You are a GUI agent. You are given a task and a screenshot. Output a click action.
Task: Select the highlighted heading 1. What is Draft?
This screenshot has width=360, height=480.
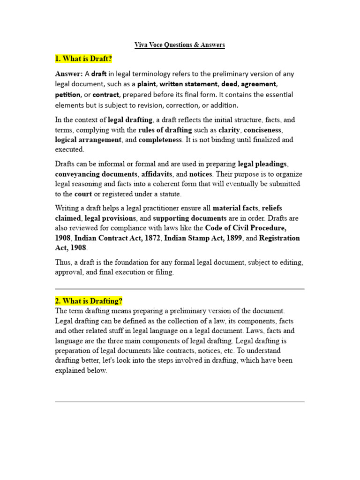tap(84, 59)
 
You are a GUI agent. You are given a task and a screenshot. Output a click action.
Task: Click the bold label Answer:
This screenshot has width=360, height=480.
tap(69, 74)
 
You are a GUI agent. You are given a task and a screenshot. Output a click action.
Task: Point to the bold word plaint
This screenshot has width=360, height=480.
tap(146, 84)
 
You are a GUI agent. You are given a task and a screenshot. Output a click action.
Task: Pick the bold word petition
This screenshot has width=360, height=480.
tap(68, 95)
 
